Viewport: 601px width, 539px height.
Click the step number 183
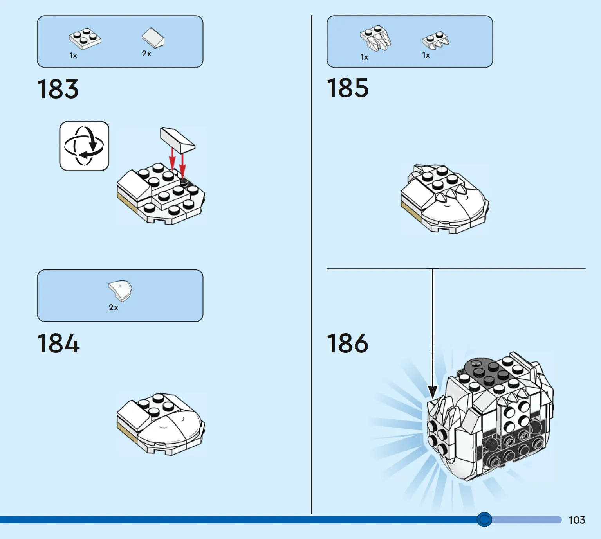pyautogui.click(x=58, y=89)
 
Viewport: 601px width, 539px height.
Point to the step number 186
pyautogui.click(x=347, y=343)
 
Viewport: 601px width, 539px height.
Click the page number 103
pyautogui.click(x=577, y=520)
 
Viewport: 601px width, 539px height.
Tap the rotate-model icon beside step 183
pyautogui.click(x=84, y=146)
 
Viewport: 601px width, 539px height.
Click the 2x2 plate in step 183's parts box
pyautogui.click(x=85, y=38)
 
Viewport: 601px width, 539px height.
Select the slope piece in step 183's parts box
pyautogui.click(x=153, y=38)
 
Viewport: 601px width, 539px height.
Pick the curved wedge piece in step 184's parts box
pyautogui.click(x=120, y=291)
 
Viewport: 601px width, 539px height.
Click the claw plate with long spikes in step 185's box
pyautogui.click(x=375, y=38)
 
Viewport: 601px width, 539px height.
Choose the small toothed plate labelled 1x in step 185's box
pyautogui.click(x=435, y=40)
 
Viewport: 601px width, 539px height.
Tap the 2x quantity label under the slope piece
pyautogui.click(x=146, y=54)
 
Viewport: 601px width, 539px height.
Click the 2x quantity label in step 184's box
pyautogui.click(x=113, y=307)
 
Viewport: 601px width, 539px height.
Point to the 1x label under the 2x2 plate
pyautogui.click(x=73, y=56)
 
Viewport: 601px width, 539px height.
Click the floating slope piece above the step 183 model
pyautogui.click(x=177, y=140)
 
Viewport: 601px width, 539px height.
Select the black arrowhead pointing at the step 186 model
pyautogui.click(x=433, y=391)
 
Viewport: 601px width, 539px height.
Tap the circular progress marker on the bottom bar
pyautogui.click(x=484, y=519)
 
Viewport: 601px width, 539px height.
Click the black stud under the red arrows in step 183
pyautogui.click(x=184, y=181)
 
